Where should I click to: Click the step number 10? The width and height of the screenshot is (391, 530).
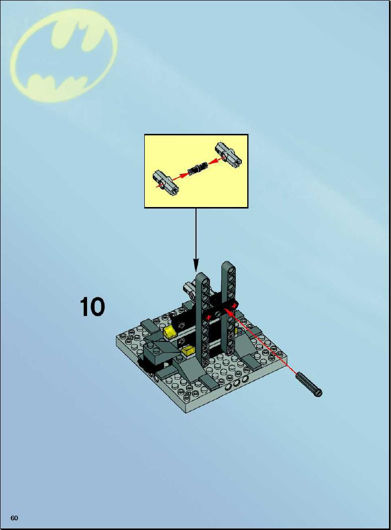click(92, 307)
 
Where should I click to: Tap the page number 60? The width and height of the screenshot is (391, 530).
click(14, 518)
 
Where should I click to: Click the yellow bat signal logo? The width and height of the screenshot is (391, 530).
click(64, 56)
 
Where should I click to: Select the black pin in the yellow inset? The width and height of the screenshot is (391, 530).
click(197, 168)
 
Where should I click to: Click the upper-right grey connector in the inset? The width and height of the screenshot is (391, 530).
click(228, 155)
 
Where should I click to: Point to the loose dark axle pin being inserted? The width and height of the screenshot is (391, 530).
click(309, 384)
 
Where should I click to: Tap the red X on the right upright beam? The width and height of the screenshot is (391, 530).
click(233, 306)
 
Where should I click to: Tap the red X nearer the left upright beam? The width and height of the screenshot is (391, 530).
click(209, 317)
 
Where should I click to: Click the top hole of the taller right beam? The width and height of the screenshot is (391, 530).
click(229, 266)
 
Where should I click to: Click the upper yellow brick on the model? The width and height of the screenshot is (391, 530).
click(169, 331)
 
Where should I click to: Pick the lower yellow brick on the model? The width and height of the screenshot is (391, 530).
click(187, 351)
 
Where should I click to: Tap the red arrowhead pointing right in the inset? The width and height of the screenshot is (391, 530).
click(183, 175)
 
